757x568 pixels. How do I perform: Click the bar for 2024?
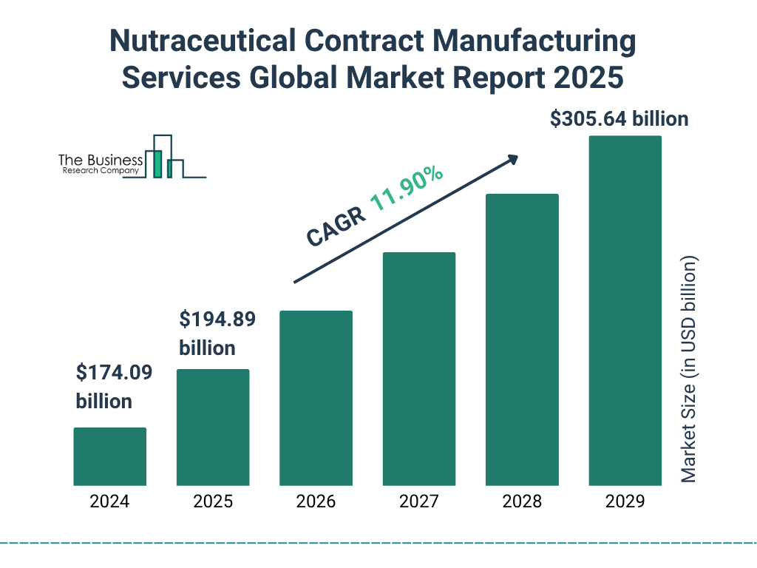pyautogui.click(x=109, y=456)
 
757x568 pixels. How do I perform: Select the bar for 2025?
pyautogui.click(x=213, y=427)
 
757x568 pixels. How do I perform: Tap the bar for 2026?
pyautogui.click(x=316, y=398)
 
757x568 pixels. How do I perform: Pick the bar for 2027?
pyautogui.click(x=418, y=369)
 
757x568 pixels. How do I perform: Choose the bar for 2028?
pyautogui.click(x=522, y=339)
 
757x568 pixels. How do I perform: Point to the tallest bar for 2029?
pyautogui.click(x=625, y=311)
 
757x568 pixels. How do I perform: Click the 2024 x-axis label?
pyautogui.click(x=109, y=501)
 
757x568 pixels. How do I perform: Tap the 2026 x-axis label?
pyautogui.click(x=316, y=501)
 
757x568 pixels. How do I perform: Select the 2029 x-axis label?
pyautogui.click(x=625, y=501)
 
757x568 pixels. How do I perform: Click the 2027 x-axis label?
pyautogui.click(x=418, y=501)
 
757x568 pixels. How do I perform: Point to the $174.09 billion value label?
pyautogui.click(x=114, y=387)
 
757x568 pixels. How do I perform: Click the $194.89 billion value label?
pyautogui.click(x=217, y=334)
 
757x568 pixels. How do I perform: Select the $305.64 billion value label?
pyautogui.click(x=619, y=119)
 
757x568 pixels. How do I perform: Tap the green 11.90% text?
pyautogui.click(x=407, y=189)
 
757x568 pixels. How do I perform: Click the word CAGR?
pyautogui.click(x=336, y=227)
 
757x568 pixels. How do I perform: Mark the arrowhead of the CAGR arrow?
pyautogui.click(x=512, y=159)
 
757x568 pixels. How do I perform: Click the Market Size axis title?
pyautogui.click(x=689, y=370)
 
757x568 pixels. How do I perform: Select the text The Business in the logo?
pyautogui.click(x=101, y=160)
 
